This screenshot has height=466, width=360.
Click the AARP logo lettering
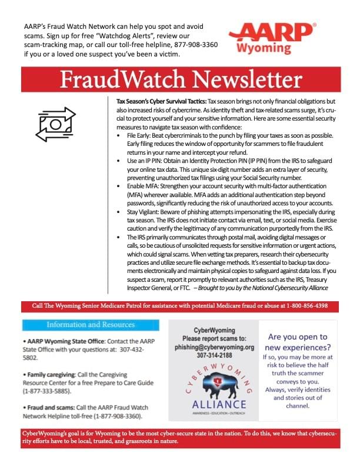[271, 31]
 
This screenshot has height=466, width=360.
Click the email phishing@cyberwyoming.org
[214, 347]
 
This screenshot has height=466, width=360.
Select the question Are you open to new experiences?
[298, 342]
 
